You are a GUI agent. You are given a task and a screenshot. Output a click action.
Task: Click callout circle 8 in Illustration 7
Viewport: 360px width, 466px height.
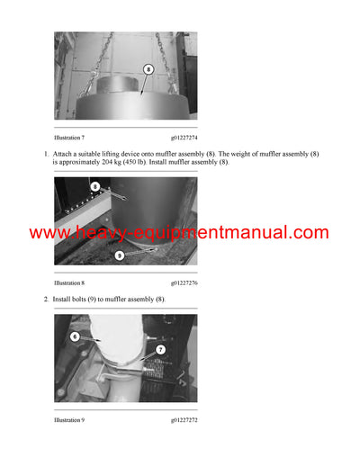click(148, 69)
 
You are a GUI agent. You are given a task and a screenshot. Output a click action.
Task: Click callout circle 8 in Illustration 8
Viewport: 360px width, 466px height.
click(95, 187)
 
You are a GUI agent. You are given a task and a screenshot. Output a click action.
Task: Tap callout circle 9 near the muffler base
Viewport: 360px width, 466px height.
click(120, 255)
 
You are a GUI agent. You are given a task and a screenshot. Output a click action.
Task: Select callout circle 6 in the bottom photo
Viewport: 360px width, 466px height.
click(75, 336)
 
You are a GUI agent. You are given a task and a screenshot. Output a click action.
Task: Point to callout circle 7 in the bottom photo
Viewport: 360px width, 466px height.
click(161, 350)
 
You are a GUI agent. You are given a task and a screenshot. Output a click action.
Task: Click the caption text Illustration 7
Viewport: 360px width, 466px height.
click(69, 138)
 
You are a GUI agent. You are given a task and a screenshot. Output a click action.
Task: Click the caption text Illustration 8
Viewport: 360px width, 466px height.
click(69, 282)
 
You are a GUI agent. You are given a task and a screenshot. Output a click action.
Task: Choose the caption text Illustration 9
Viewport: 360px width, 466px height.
click(69, 420)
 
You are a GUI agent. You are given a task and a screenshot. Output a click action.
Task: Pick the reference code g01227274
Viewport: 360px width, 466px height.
click(184, 138)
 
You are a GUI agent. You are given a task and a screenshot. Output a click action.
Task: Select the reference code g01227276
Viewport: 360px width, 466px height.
click(184, 283)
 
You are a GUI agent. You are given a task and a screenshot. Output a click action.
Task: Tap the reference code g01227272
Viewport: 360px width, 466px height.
click(184, 420)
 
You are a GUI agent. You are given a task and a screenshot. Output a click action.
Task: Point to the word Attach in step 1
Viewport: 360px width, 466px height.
click(62, 154)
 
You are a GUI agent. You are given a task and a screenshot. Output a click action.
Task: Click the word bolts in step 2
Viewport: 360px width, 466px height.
click(77, 299)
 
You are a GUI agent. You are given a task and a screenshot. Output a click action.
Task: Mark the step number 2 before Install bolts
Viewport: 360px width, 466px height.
click(46, 300)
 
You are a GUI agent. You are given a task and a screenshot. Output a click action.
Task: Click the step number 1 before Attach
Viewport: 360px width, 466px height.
click(46, 154)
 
